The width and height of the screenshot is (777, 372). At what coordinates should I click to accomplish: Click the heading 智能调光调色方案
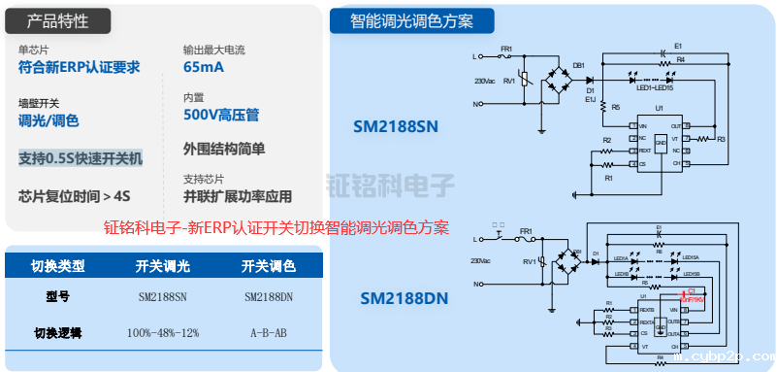click(412, 20)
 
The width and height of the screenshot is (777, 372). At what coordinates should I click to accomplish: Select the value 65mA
click(203, 67)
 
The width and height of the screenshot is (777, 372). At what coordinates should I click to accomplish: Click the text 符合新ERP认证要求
click(80, 67)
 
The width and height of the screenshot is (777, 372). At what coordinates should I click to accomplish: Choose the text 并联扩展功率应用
click(237, 196)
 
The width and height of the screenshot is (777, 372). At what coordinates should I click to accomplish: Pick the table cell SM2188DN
click(270, 297)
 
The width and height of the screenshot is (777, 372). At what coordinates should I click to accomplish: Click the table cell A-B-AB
click(270, 333)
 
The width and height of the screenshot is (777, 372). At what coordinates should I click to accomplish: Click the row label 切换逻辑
click(57, 333)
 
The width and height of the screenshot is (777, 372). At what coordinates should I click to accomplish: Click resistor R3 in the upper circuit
click(721, 140)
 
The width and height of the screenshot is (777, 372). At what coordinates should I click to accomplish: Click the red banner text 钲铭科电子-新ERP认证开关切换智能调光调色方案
click(276, 229)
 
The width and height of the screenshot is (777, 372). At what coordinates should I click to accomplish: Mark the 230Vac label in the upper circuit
click(484, 82)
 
